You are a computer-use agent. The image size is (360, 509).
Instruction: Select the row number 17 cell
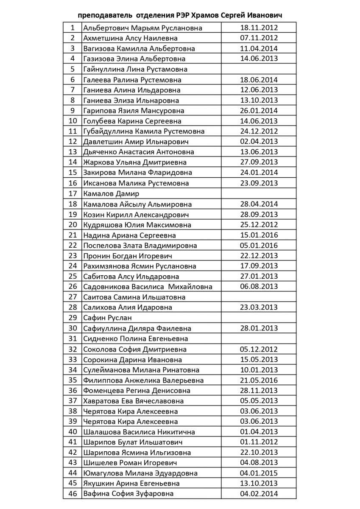(x=73, y=194)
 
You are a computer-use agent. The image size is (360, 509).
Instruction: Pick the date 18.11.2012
(x=259, y=28)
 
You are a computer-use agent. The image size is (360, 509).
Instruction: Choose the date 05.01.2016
(x=259, y=246)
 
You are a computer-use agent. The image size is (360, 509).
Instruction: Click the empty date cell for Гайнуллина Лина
(x=259, y=69)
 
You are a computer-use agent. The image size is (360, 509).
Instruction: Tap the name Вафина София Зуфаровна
(x=128, y=494)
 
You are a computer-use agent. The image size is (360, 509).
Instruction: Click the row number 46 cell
(x=73, y=494)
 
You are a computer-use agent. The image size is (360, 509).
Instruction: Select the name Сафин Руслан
(x=108, y=318)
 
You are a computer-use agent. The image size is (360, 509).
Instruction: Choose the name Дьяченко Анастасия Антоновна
(x=139, y=152)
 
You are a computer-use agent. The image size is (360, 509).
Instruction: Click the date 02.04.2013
(x=259, y=142)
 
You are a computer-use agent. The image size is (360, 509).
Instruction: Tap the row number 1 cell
(x=73, y=28)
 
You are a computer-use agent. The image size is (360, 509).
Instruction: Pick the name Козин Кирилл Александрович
(x=136, y=215)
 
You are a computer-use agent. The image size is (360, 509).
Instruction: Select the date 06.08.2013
(x=259, y=287)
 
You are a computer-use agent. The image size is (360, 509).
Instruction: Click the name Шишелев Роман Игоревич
(x=130, y=463)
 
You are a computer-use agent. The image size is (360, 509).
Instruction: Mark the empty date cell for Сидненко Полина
(x=259, y=339)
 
